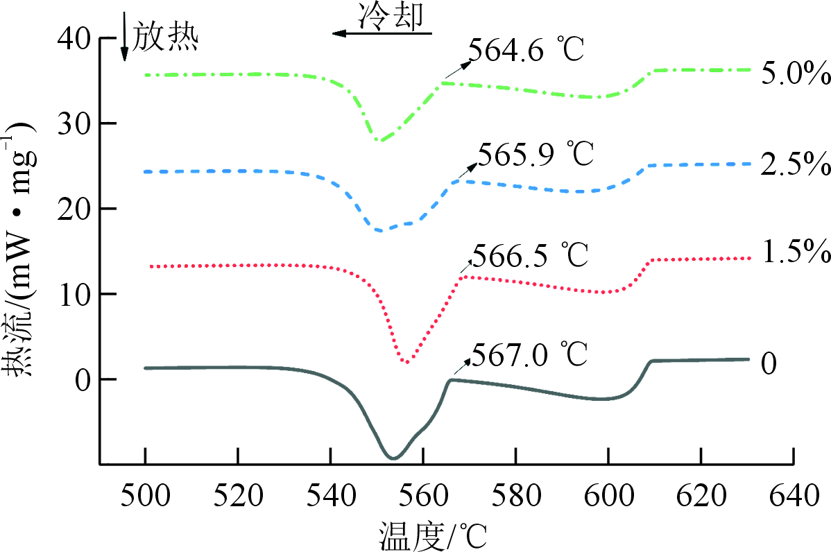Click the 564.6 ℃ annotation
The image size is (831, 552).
coord(527,51)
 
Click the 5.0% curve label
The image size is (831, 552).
coord(791,74)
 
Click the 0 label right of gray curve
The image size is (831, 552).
coord(769,363)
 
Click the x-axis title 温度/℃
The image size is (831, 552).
coord(433,535)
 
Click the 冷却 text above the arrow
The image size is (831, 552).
coord(389,17)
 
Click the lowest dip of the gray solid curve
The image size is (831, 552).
coord(393,458)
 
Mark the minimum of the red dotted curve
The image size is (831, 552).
coord(406,362)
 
